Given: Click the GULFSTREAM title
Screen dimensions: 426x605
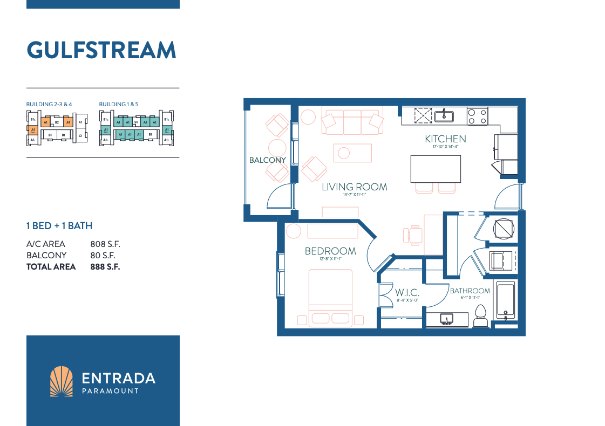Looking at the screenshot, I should [101, 50].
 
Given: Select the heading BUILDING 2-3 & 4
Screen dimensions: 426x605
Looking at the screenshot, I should [49, 104].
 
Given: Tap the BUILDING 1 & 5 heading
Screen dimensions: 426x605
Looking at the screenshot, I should [119, 104].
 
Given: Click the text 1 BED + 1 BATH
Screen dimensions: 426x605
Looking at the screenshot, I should [59, 226].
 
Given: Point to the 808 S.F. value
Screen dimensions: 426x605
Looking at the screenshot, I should [105, 244].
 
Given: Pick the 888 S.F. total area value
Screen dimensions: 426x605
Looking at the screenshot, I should [105, 266].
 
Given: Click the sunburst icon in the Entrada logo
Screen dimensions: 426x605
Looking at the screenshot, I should [61, 381].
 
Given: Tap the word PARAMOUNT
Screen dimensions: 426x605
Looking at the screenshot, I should [110, 391].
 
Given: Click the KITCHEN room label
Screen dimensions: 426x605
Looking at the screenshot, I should [445, 139].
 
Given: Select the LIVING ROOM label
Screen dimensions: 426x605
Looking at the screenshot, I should [355, 187].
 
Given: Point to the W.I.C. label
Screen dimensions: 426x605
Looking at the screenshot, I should [407, 293].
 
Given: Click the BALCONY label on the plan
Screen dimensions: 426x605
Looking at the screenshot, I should [267, 160].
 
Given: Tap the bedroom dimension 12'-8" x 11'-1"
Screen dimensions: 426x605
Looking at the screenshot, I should [330, 259].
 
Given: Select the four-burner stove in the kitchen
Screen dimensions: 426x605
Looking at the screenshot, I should [477, 116].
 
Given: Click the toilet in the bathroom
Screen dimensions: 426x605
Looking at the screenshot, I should [480, 316].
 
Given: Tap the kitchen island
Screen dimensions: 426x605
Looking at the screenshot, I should [436, 169].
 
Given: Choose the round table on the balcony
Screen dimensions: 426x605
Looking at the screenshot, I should [277, 148].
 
